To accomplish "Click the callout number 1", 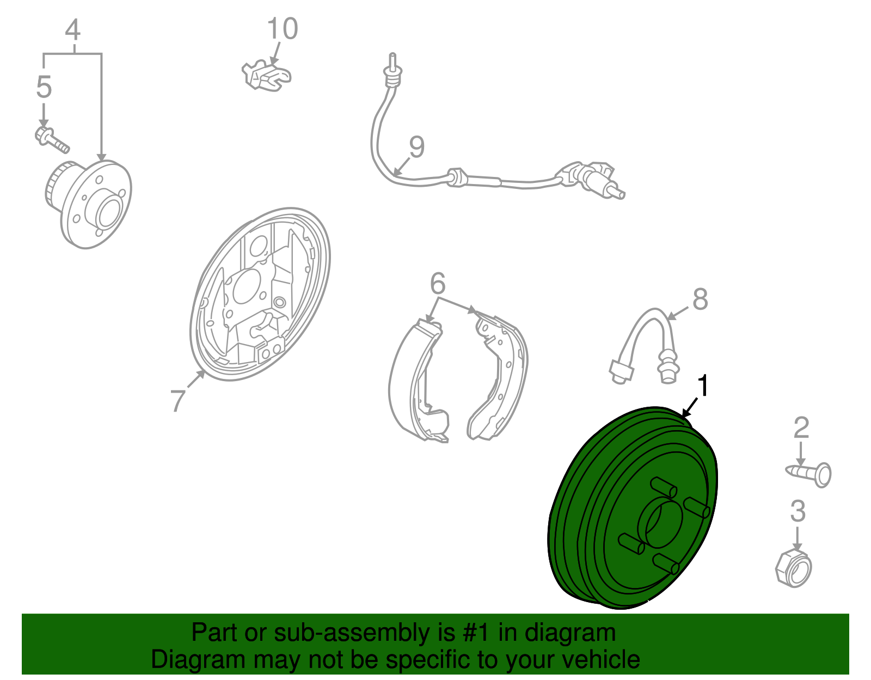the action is click(703, 385).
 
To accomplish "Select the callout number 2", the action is click(801, 427).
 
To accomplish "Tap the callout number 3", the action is click(798, 511).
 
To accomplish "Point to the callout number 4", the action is click(72, 29).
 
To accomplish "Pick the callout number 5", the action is click(44, 87).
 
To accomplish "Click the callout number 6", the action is click(437, 283).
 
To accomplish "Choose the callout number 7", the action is click(178, 400).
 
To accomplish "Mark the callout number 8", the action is click(700, 299).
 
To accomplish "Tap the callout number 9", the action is click(416, 146).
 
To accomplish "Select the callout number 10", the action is click(282, 28).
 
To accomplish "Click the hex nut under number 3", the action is click(793, 568).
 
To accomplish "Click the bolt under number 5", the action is click(52, 140).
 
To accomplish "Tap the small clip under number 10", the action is click(266, 76).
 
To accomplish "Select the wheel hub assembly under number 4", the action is click(88, 204).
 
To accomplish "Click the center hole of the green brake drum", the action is click(659, 524).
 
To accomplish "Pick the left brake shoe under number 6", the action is click(418, 381).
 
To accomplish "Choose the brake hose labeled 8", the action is click(644, 346).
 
